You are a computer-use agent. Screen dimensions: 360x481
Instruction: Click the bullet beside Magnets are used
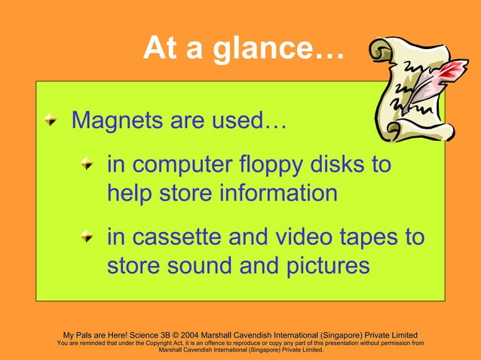click(50, 120)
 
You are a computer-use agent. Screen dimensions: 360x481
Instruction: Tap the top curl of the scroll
click(383, 53)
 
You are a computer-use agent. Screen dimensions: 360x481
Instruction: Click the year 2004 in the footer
click(205, 335)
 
